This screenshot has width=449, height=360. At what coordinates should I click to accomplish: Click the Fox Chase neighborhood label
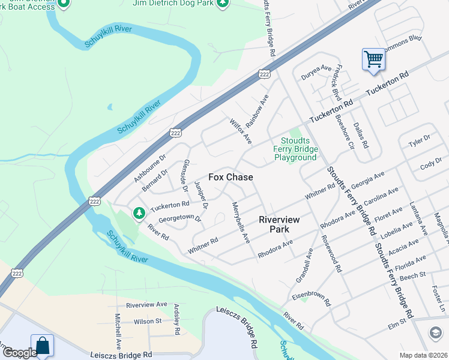[x=231, y=178]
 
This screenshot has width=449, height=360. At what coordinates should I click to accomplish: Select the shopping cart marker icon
[x=373, y=59]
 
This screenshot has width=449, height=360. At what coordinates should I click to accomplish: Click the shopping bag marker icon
[x=42, y=346]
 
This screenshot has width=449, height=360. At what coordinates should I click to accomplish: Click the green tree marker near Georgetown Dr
[x=139, y=213]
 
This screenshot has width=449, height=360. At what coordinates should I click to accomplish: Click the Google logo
[x=19, y=353]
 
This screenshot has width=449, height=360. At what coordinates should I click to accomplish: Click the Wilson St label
[x=148, y=322]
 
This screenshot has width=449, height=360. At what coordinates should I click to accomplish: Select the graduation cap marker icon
[x=436, y=332]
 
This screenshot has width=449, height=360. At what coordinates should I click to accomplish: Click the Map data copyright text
[x=423, y=355]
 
